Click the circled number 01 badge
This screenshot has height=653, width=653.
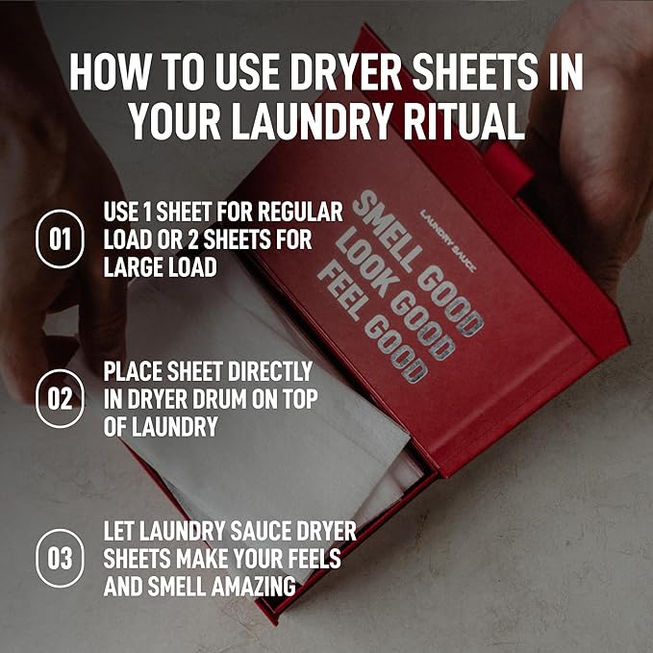pos(60,239)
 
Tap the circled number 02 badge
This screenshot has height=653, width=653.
pos(60,398)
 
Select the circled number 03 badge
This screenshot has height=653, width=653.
pos(60,558)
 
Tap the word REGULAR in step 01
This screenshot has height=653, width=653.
pos(300,212)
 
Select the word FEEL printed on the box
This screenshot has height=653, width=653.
pos(339,292)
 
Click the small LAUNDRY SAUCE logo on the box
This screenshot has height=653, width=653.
pos(447,241)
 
